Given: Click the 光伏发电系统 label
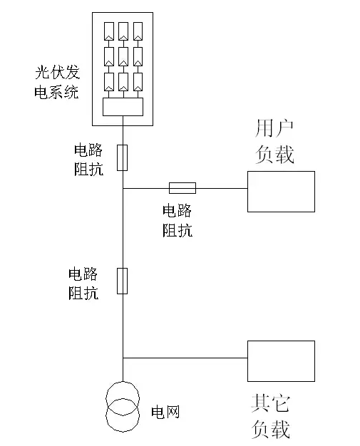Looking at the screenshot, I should click(x=57, y=82).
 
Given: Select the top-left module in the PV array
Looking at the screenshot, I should click(x=109, y=31).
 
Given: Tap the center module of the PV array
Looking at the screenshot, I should click(x=123, y=56).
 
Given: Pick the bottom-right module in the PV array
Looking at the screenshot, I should click(x=138, y=81).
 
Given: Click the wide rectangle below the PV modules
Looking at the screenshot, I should click(x=123, y=107).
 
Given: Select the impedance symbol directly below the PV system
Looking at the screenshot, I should click(x=123, y=157).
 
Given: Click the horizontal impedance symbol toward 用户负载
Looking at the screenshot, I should click(x=182, y=188).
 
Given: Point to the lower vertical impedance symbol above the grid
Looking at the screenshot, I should click(x=123, y=281).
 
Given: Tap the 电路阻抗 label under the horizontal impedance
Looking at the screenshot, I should click(x=177, y=220).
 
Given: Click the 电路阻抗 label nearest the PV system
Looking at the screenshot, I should click(x=88, y=160).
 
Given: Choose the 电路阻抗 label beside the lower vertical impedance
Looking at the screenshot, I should click(x=83, y=282).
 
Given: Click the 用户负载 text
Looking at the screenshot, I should click(x=274, y=141).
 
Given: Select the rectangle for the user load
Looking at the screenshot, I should click(x=281, y=191).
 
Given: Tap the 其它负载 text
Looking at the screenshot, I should click(x=271, y=417).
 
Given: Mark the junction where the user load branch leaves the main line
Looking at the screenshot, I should click(x=123, y=188).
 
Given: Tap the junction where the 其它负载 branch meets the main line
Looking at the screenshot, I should click(x=123, y=358).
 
